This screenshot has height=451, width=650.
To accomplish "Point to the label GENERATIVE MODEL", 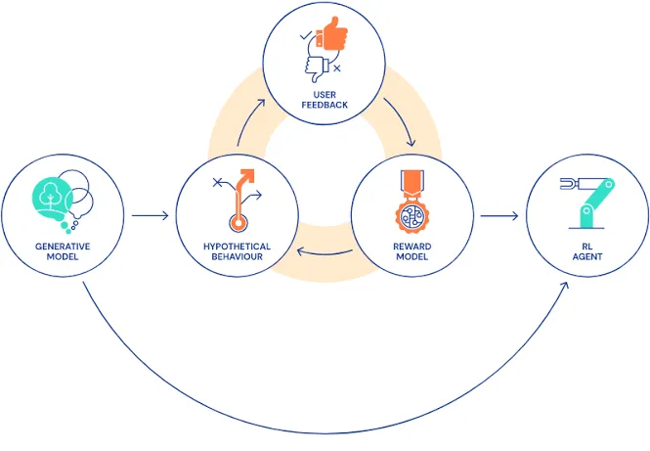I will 63,251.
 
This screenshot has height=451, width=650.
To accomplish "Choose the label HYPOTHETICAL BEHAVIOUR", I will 237,251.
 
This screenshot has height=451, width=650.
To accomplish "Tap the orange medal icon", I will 411,201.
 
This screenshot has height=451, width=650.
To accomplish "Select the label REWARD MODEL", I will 412,251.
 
